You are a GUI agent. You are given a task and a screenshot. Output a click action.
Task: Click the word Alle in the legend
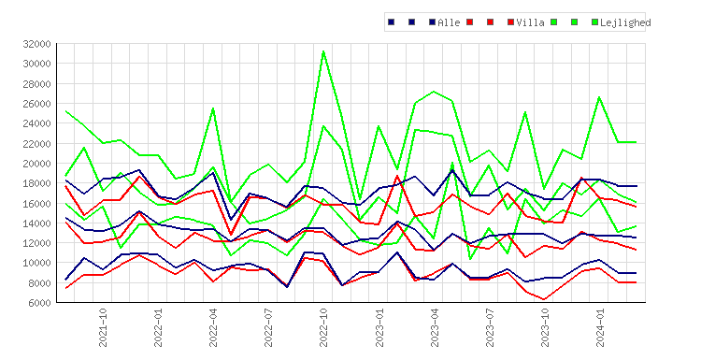(449, 22)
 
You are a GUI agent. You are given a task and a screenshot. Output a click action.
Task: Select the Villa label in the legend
(530, 22)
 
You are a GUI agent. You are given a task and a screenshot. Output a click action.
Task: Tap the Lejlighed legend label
(625, 22)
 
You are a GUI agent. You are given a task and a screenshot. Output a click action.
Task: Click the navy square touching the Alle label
(433, 22)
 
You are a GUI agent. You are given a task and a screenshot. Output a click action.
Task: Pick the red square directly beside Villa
(511, 22)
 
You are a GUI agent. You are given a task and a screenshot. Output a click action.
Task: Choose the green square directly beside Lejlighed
(594, 22)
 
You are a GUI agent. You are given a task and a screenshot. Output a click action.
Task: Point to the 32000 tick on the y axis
(36, 44)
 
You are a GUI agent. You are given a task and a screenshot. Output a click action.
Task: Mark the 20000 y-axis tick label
(36, 164)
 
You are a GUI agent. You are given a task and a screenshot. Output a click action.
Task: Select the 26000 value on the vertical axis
(36, 103)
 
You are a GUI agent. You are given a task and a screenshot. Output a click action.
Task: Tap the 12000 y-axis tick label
(36, 243)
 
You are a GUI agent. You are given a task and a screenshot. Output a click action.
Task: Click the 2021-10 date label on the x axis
(103, 327)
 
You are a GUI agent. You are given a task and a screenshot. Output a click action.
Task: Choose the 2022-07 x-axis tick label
(268, 327)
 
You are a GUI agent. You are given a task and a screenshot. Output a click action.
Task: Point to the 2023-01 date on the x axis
(379, 327)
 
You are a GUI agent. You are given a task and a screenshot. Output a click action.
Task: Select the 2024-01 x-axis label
(600, 327)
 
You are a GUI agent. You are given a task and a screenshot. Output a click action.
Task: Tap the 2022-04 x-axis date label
(213, 327)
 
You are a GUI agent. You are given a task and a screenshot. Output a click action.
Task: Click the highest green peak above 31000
(323, 51)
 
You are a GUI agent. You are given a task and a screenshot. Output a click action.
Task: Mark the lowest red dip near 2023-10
(544, 299)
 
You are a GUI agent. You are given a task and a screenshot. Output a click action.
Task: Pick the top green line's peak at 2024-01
(599, 97)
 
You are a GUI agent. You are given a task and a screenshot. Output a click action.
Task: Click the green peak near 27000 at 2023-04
(434, 92)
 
